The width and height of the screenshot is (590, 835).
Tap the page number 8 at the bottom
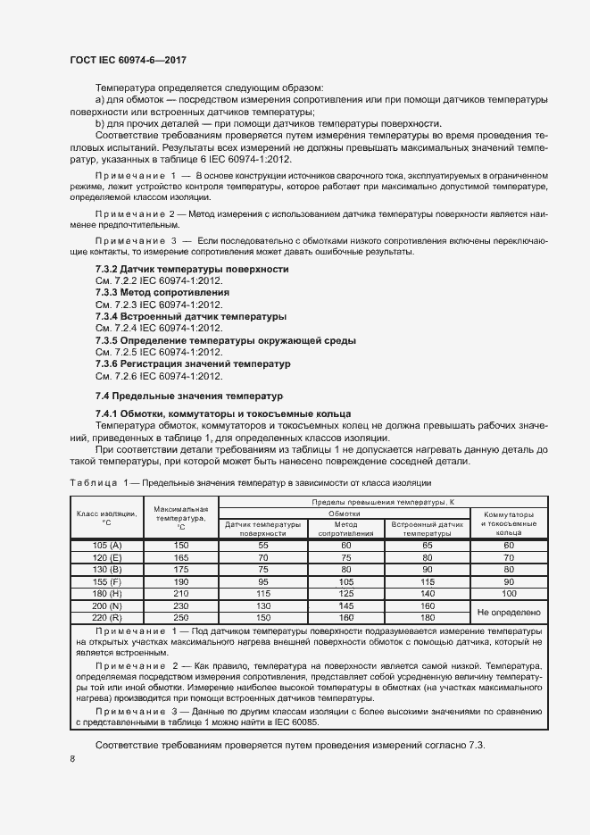(x=72, y=759)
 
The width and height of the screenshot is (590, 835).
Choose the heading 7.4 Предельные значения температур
(x=188, y=395)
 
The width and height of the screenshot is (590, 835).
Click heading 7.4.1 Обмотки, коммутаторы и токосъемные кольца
(x=223, y=414)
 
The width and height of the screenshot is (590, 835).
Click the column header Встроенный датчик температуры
(x=427, y=528)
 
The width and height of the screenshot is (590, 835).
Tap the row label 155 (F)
(x=106, y=581)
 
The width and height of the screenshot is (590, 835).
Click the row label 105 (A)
(x=106, y=544)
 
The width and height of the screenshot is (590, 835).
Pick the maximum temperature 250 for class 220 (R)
(x=180, y=618)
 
